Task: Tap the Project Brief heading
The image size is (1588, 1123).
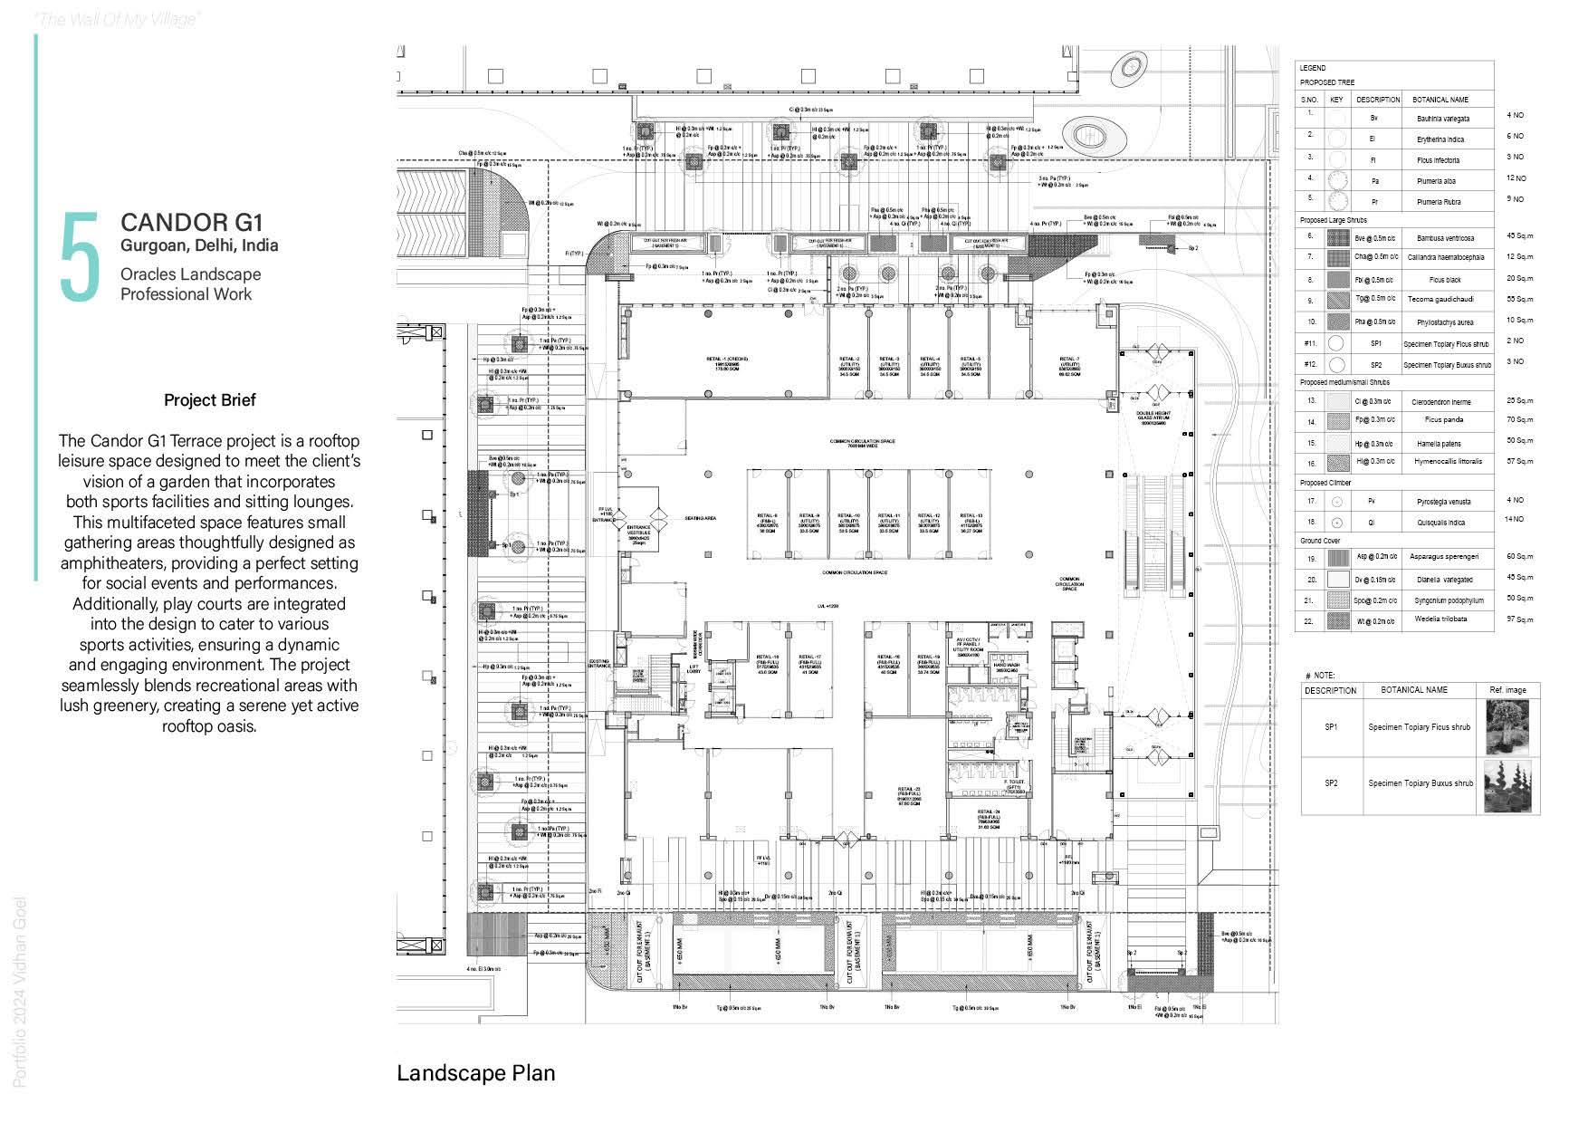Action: click(x=210, y=400)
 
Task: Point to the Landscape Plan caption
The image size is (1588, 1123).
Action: click(x=475, y=1073)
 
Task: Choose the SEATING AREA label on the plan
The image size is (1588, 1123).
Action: click(x=701, y=518)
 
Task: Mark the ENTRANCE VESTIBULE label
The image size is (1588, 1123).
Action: click(x=638, y=533)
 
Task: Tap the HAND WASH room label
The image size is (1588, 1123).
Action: click(x=1006, y=666)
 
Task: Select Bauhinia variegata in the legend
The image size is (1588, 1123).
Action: click(x=1442, y=119)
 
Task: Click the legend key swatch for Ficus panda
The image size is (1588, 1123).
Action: click(x=1337, y=421)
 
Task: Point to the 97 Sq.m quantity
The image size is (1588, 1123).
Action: click(x=1519, y=619)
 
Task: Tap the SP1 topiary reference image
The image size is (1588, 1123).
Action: click(x=1507, y=727)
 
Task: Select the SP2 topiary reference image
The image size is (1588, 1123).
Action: click(x=1507, y=784)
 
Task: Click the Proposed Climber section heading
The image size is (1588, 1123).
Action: click(x=1327, y=483)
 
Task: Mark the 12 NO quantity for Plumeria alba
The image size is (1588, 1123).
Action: click(x=1516, y=178)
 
